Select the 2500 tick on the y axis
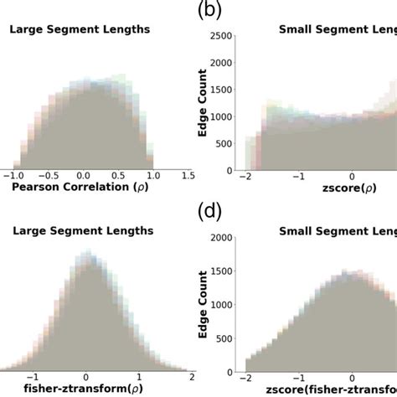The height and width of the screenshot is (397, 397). coord(221,36)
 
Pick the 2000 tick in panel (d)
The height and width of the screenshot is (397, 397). coord(221,238)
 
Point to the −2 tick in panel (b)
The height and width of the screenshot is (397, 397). coord(245,178)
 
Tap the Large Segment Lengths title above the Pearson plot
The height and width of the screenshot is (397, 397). coord(80,29)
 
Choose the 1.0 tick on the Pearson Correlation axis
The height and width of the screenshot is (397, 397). coord(152,176)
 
